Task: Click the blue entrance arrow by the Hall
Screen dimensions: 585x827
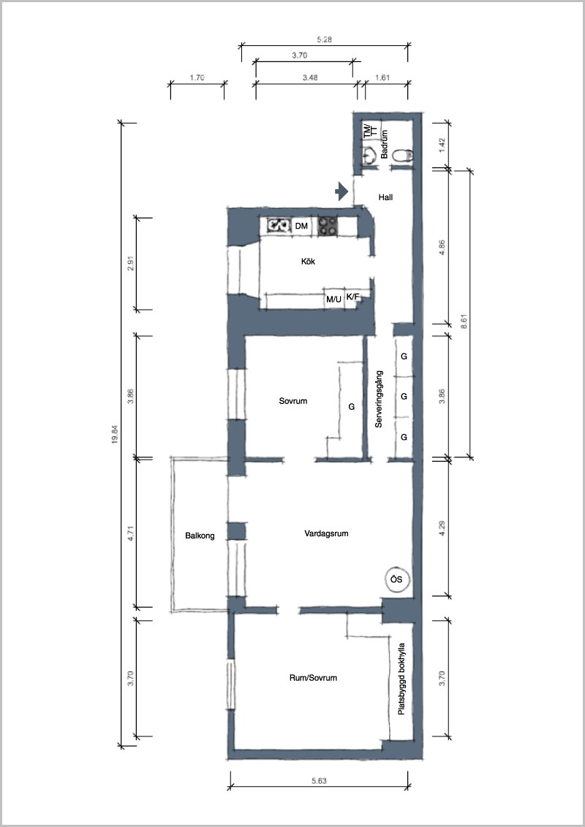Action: (x=342, y=191)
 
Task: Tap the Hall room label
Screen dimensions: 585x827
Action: (x=386, y=198)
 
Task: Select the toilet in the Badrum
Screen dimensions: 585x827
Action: (x=404, y=155)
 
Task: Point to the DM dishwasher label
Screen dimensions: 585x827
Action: (x=301, y=226)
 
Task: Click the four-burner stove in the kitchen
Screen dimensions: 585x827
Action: (x=328, y=226)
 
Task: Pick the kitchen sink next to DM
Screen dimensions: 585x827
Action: (x=279, y=226)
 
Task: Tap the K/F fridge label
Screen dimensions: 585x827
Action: (x=352, y=297)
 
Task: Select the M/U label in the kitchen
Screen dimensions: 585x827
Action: (x=333, y=300)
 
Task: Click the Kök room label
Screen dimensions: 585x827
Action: (x=309, y=261)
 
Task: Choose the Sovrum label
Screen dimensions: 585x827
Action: (x=293, y=401)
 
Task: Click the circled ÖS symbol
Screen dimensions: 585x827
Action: (x=396, y=579)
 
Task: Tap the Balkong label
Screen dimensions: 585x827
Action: (x=200, y=536)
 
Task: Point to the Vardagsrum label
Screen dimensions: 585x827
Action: (x=326, y=534)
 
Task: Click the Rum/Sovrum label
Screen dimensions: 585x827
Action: (x=313, y=678)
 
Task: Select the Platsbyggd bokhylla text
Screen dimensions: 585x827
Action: (x=401, y=678)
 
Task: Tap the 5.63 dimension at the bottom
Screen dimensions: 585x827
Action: (x=319, y=781)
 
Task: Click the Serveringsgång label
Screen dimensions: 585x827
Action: (x=379, y=400)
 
